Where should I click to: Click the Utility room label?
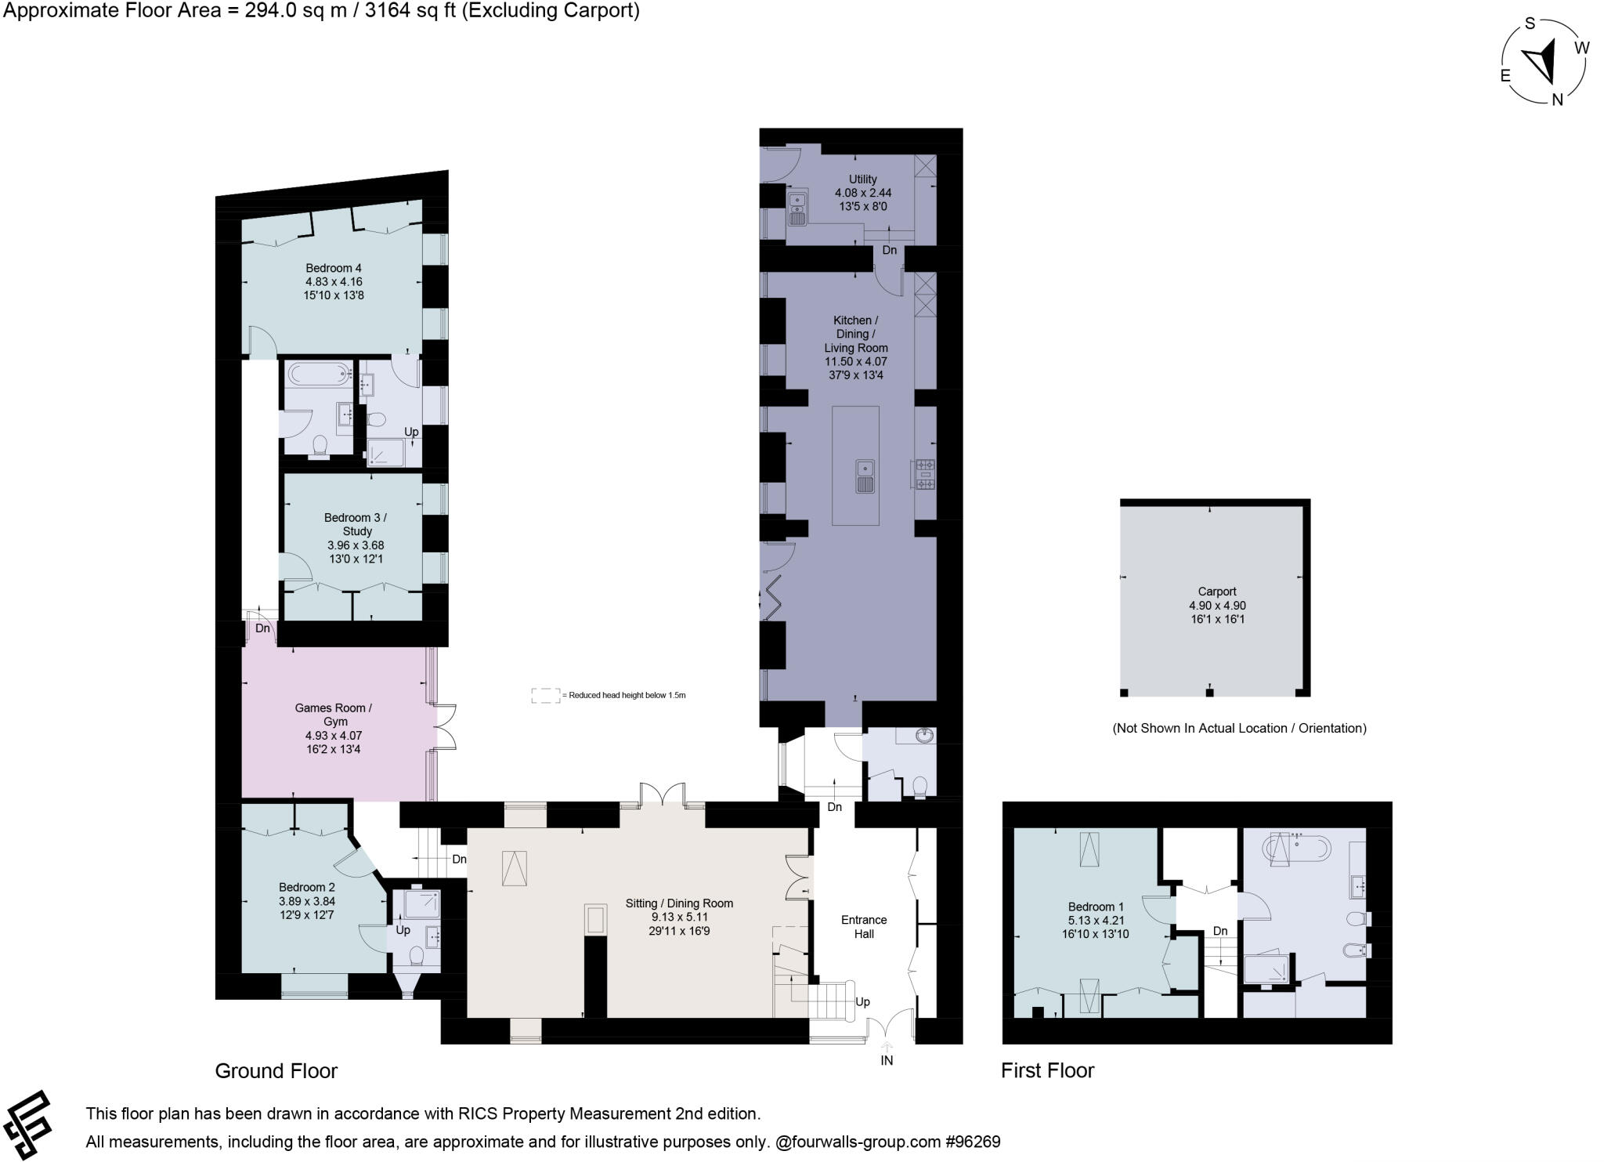pos(862,179)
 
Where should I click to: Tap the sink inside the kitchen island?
pos(865,476)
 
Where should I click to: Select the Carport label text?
pos(1216,592)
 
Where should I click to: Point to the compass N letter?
pos(1557,100)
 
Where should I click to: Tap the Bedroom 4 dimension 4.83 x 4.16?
pos(334,282)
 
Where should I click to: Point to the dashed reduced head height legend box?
pos(545,696)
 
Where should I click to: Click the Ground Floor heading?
pos(276,1071)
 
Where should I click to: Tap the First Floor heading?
pos(1047,1070)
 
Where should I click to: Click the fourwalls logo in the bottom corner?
pos(28,1124)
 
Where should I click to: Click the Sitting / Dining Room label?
pos(679,903)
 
